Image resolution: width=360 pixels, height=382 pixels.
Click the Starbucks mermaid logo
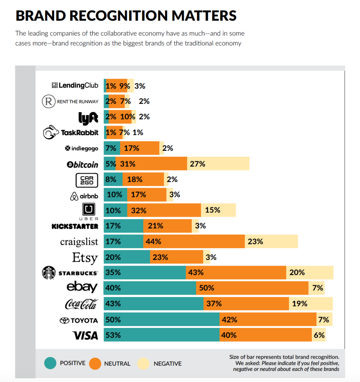[x=48, y=273]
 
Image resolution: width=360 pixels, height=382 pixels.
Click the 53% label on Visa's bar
[x=113, y=335]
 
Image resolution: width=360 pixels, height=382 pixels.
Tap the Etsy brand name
[x=85, y=257]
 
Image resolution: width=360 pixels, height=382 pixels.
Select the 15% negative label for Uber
[x=212, y=210]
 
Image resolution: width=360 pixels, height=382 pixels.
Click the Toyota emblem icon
[x=65, y=320]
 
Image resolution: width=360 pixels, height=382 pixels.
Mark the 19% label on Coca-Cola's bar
[x=300, y=304]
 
